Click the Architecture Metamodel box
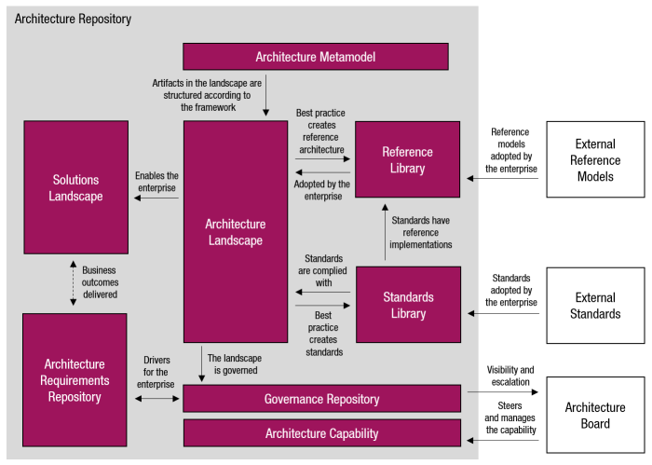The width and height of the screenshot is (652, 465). point(321,57)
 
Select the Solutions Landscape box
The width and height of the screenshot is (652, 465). point(76,187)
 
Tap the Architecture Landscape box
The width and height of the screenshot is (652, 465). point(236,232)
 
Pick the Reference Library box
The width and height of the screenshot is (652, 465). point(407,159)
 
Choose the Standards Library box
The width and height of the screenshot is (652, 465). point(408,305)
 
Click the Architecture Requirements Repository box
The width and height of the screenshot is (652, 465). point(75,380)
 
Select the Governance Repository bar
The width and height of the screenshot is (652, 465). point(321,399)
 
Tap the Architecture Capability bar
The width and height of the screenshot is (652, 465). point(321,433)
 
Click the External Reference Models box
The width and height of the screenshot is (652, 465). point(595,159)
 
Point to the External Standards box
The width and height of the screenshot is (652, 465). point(595,306)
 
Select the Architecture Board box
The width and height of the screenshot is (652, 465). point(595,416)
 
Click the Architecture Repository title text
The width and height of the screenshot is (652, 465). point(74,19)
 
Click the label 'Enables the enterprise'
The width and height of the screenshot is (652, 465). point(156,182)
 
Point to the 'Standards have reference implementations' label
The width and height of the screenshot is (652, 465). point(421,232)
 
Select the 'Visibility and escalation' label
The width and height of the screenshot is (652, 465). point(510,376)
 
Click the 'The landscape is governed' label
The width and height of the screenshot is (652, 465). point(233,364)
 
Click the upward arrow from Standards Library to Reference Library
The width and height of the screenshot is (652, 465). point(383,232)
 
